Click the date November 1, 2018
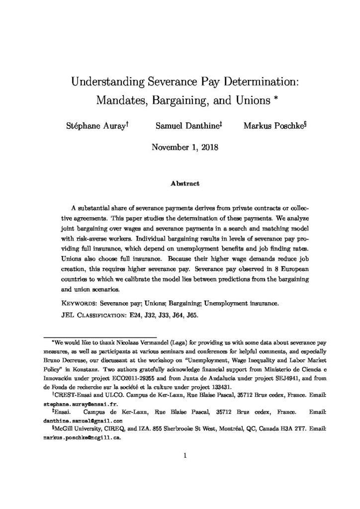pyautogui.click(x=180, y=147)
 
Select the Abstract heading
pyautogui.click(x=180, y=183)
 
